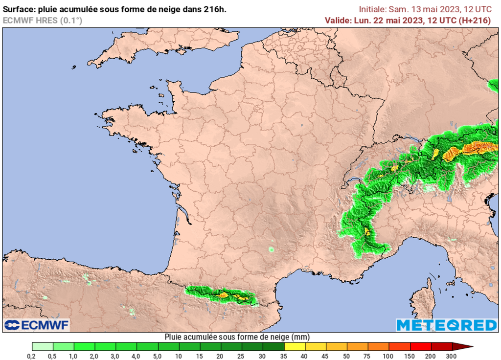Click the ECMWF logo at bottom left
click(x=37, y=325)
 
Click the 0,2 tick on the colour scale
click(x=32, y=356)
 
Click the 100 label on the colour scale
click(x=387, y=356)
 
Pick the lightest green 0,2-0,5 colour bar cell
click(x=42, y=347)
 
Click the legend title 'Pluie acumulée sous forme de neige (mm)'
click(x=237, y=337)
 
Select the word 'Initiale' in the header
click(x=372, y=9)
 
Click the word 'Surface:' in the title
click(x=19, y=9)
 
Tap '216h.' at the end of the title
click(x=216, y=9)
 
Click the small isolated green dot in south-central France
click(x=271, y=250)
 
